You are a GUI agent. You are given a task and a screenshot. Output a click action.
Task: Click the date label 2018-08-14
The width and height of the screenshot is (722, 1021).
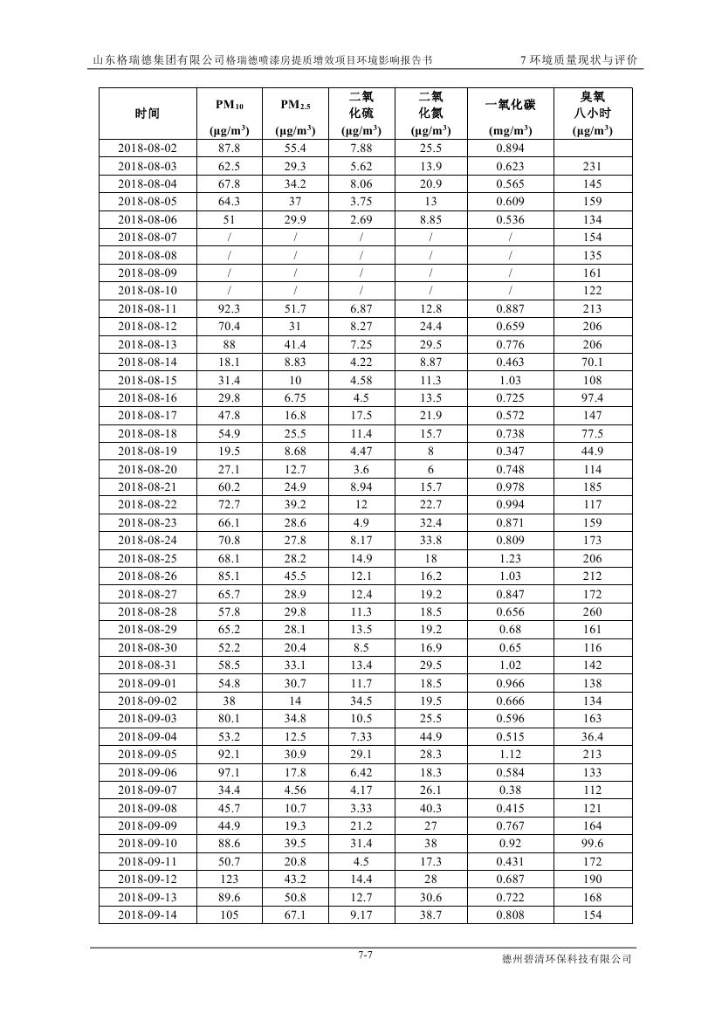tap(147, 362)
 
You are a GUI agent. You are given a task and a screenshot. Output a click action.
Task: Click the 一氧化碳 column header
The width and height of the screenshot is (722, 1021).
tap(510, 106)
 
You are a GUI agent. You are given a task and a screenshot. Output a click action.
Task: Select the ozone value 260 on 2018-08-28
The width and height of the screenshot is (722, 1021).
tap(592, 612)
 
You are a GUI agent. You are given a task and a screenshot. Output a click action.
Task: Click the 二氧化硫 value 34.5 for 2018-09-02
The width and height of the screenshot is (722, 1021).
tap(361, 701)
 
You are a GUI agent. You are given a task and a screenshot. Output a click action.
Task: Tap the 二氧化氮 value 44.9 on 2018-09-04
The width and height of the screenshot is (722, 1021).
tap(430, 737)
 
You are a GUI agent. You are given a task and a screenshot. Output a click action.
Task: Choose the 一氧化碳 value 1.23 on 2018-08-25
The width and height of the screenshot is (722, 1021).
tap(510, 558)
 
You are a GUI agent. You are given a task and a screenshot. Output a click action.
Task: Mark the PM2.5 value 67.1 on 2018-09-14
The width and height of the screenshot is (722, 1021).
tap(295, 915)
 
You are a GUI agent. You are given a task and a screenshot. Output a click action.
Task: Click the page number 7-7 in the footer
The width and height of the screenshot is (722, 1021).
tap(365, 955)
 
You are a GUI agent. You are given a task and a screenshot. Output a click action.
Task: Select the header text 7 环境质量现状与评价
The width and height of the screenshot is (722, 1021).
tap(578, 60)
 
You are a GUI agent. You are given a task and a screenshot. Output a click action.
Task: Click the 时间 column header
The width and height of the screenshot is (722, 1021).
tap(147, 114)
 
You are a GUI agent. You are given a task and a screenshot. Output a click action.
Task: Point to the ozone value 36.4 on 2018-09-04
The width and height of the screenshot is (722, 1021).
tap(592, 737)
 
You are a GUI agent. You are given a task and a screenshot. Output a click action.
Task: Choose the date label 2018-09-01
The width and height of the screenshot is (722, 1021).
tap(147, 683)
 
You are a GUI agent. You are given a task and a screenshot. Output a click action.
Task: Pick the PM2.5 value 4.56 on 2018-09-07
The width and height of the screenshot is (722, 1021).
tap(295, 790)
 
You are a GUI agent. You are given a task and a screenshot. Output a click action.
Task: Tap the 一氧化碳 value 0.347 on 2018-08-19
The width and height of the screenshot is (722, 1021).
tap(510, 452)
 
